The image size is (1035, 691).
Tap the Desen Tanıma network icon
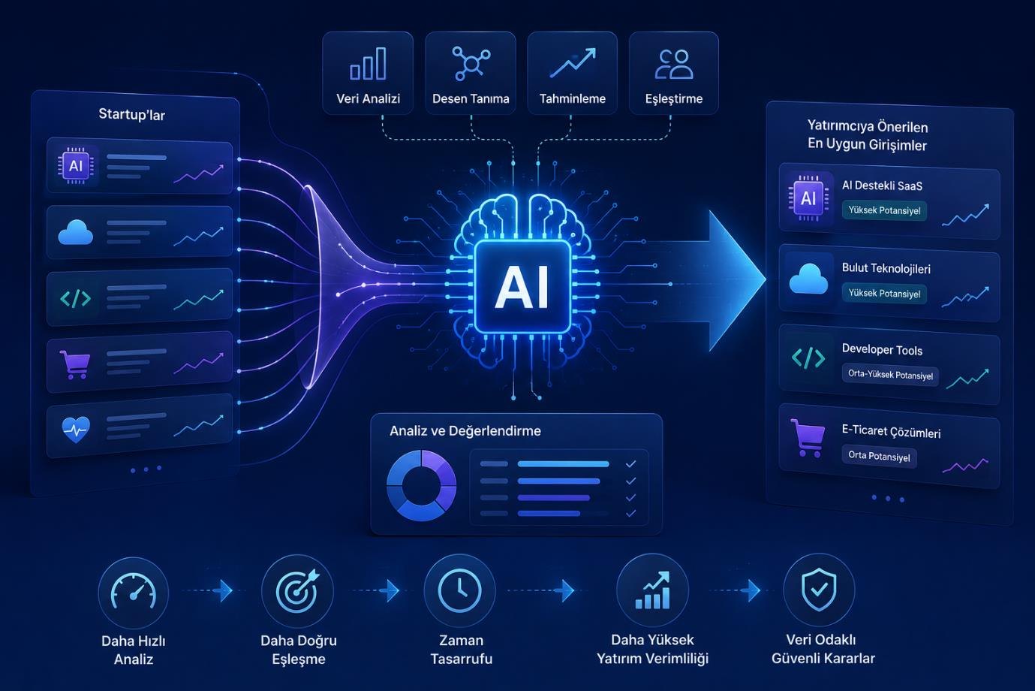(x=471, y=63)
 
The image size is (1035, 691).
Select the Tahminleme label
(x=573, y=98)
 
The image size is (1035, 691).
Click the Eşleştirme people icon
(x=674, y=65)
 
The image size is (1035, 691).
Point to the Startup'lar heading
(x=131, y=114)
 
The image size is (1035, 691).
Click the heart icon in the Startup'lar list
(x=76, y=430)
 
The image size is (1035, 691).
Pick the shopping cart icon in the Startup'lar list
(x=74, y=364)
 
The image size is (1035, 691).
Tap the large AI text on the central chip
(x=522, y=286)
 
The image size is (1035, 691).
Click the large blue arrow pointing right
(x=721, y=280)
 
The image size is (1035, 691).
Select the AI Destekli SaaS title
(x=882, y=186)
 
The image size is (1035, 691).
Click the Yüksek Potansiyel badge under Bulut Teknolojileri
(x=884, y=294)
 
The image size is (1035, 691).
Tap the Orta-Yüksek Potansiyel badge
(x=890, y=375)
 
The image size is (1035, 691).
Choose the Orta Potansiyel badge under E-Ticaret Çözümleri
(x=880, y=457)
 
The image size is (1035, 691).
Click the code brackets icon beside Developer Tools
(x=808, y=358)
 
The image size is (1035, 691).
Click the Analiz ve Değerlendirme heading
(x=465, y=430)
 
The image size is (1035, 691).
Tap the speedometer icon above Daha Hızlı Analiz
(x=133, y=591)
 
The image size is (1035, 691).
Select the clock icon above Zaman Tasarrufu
(x=460, y=590)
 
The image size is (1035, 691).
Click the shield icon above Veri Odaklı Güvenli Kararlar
(x=820, y=590)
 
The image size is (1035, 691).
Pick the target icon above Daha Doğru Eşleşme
(x=297, y=590)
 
